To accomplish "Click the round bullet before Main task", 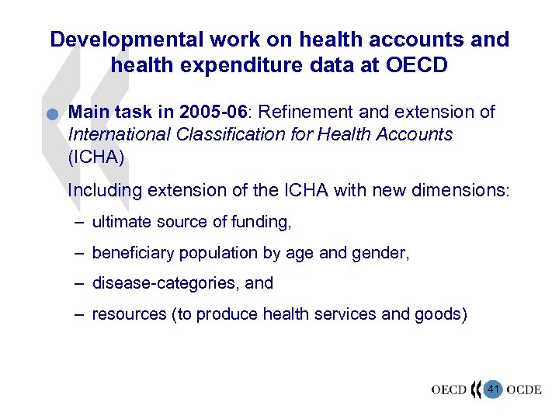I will tap(50, 116).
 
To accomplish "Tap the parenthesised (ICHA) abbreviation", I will tap(96, 156).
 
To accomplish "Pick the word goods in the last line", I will tap(438, 314).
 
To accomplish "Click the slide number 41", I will tap(492, 388).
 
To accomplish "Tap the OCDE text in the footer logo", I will tap(524, 390).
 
